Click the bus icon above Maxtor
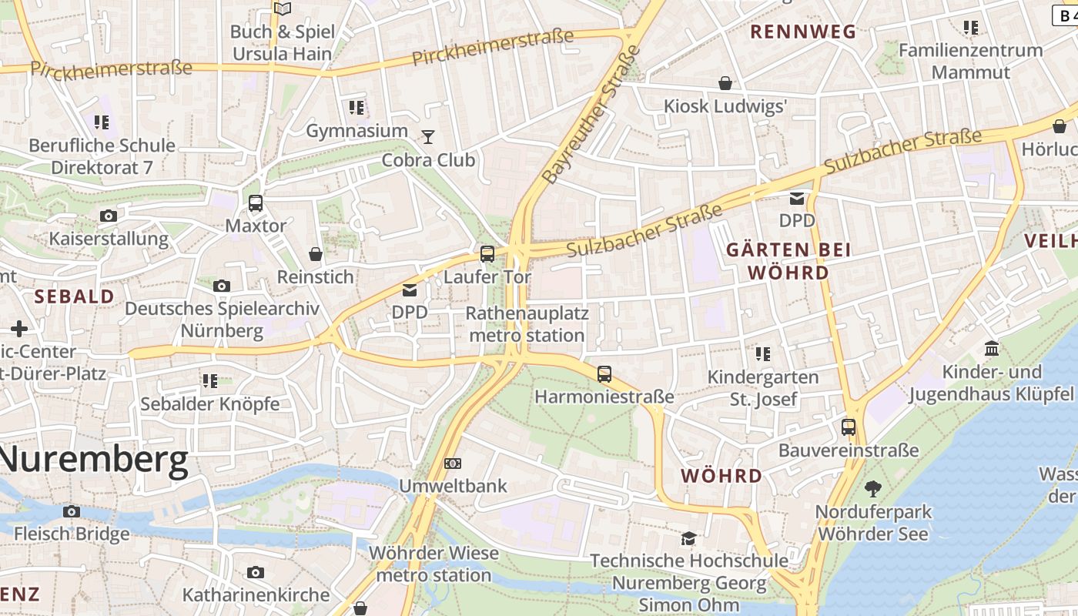coord(256,203)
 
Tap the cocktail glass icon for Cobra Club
coord(428,137)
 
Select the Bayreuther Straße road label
coord(591,115)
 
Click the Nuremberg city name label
coord(94,460)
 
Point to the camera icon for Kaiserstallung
coord(109,216)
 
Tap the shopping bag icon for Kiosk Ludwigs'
coord(725,83)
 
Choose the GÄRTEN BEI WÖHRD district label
coord(788,261)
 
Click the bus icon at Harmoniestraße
coord(604,374)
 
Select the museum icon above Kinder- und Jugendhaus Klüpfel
coord(992,349)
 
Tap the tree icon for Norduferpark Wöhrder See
coord(872,488)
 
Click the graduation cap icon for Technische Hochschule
coord(688,537)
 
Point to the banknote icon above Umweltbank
coord(453,464)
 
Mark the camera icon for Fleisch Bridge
coord(72,511)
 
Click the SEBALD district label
coord(74,296)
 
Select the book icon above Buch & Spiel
coord(283,9)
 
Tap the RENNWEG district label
coord(803,32)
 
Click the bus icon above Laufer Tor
coord(487,253)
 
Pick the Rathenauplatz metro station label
coord(527,324)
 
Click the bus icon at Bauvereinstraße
coord(849,427)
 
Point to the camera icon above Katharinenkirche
coord(256,572)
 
